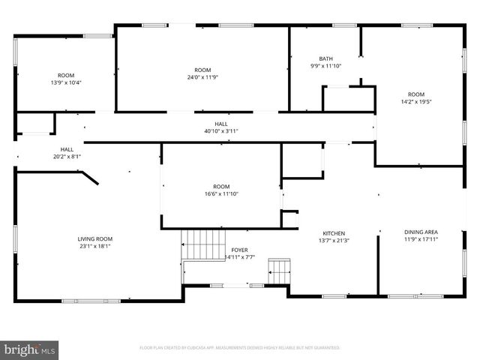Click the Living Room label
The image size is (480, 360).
[95, 238]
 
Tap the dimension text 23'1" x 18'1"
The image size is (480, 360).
[95, 247]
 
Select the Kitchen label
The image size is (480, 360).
[334, 232]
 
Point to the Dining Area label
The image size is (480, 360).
[421, 232]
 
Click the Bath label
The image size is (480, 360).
[325, 58]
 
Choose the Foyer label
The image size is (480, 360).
[239, 250]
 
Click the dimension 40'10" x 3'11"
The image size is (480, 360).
[221, 130]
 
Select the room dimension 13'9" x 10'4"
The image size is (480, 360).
[66, 82]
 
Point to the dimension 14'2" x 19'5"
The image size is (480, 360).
[416, 102]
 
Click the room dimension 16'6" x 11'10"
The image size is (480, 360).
[221, 194]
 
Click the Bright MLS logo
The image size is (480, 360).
[30, 349]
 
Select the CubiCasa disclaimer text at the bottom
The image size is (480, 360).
[240, 348]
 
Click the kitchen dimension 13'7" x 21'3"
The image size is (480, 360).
[334, 241]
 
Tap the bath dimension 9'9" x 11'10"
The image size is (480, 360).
[325, 66]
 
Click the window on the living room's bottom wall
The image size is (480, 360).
[80, 301]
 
